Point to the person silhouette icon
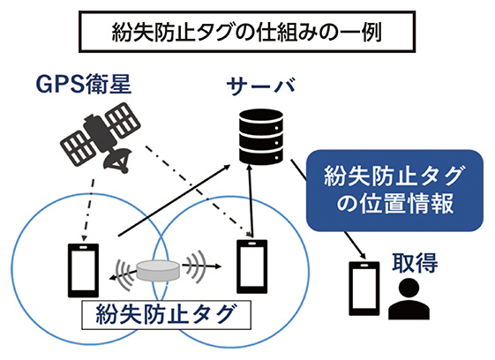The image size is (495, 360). coord(409,299)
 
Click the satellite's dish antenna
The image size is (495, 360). coord(113,161)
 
